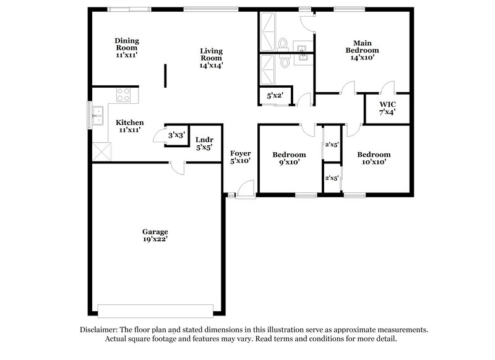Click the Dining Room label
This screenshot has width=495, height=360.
(126, 48)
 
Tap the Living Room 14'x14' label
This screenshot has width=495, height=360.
(211, 58)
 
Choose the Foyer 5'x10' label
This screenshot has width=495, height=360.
(240, 157)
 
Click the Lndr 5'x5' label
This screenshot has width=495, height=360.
(204, 144)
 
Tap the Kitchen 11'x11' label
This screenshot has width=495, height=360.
(130, 126)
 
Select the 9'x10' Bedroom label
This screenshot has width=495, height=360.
(289, 158)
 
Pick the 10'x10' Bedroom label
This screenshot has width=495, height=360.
(374, 158)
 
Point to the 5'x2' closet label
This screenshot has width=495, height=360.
(274, 96)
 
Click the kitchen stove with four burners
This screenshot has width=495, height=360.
(124, 95)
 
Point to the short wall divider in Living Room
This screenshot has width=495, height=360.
(165, 76)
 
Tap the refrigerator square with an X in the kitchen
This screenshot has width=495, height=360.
(100, 152)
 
